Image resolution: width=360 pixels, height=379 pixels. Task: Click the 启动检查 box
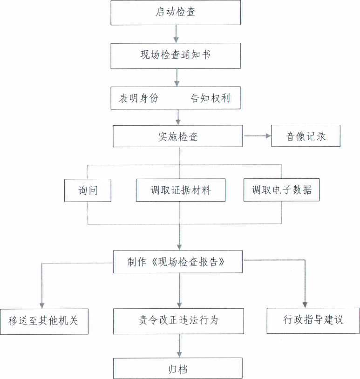click(176, 13)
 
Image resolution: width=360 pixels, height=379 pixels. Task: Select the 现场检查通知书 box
click(176, 55)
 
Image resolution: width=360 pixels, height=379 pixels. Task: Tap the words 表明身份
click(138, 98)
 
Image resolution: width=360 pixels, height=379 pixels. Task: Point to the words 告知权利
click(211, 98)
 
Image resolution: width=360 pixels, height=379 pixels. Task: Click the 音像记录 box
click(306, 136)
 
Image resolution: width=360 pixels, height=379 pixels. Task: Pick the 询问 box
click(88, 190)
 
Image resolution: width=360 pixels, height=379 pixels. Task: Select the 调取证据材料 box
click(181, 190)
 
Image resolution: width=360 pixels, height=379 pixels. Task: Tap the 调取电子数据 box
click(281, 190)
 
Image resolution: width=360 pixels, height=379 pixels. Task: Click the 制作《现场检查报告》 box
click(178, 262)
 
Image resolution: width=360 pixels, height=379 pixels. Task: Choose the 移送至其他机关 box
click(44, 321)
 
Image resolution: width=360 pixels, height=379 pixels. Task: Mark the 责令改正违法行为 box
click(178, 321)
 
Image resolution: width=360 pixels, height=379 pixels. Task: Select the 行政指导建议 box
click(313, 320)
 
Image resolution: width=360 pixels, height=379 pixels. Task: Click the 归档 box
click(177, 369)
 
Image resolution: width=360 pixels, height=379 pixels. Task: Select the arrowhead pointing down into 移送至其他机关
click(42, 305)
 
